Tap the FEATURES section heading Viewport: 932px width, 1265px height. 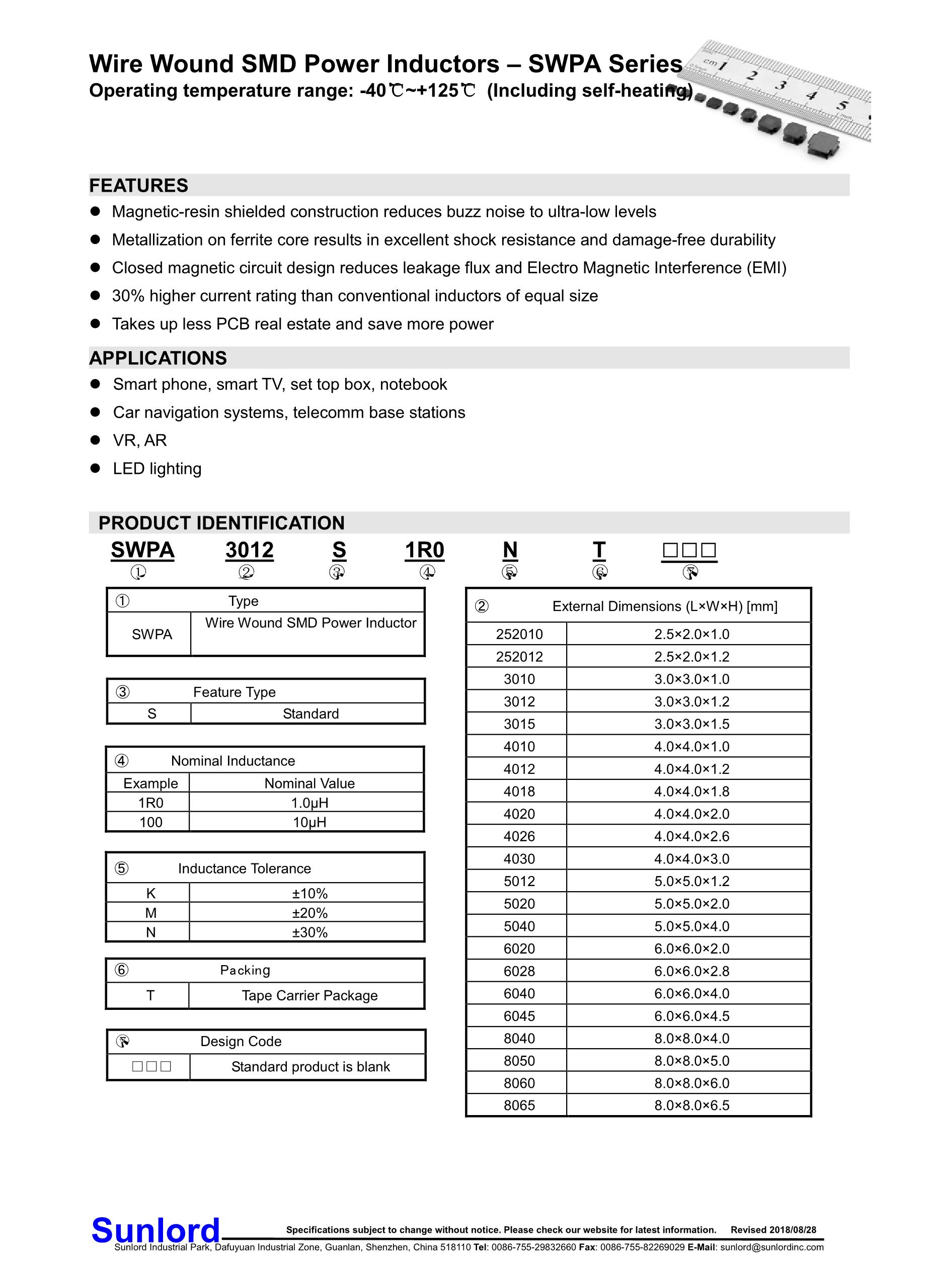point(139,186)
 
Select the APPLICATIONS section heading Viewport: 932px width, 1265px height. point(158,358)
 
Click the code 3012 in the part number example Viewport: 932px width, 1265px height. point(250,550)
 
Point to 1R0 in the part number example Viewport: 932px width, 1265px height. point(424,550)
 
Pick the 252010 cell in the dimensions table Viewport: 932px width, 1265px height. point(519,634)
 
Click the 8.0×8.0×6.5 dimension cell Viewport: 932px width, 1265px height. point(691,1105)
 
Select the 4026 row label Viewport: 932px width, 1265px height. point(519,836)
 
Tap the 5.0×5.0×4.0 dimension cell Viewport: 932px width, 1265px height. point(691,926)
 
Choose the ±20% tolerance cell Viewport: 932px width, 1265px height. point(309,912)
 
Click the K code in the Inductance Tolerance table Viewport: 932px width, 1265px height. point(150,893)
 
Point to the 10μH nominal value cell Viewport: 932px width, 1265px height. point(309,822)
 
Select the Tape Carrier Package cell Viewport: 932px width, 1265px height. point(309,995)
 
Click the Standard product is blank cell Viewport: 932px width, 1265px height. point(310,1066)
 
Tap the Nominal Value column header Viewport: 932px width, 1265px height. point(309,783)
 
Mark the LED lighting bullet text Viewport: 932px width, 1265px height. point(157,468)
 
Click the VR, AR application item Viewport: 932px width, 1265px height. point(140,440)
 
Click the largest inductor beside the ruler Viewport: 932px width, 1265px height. point(823,145)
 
